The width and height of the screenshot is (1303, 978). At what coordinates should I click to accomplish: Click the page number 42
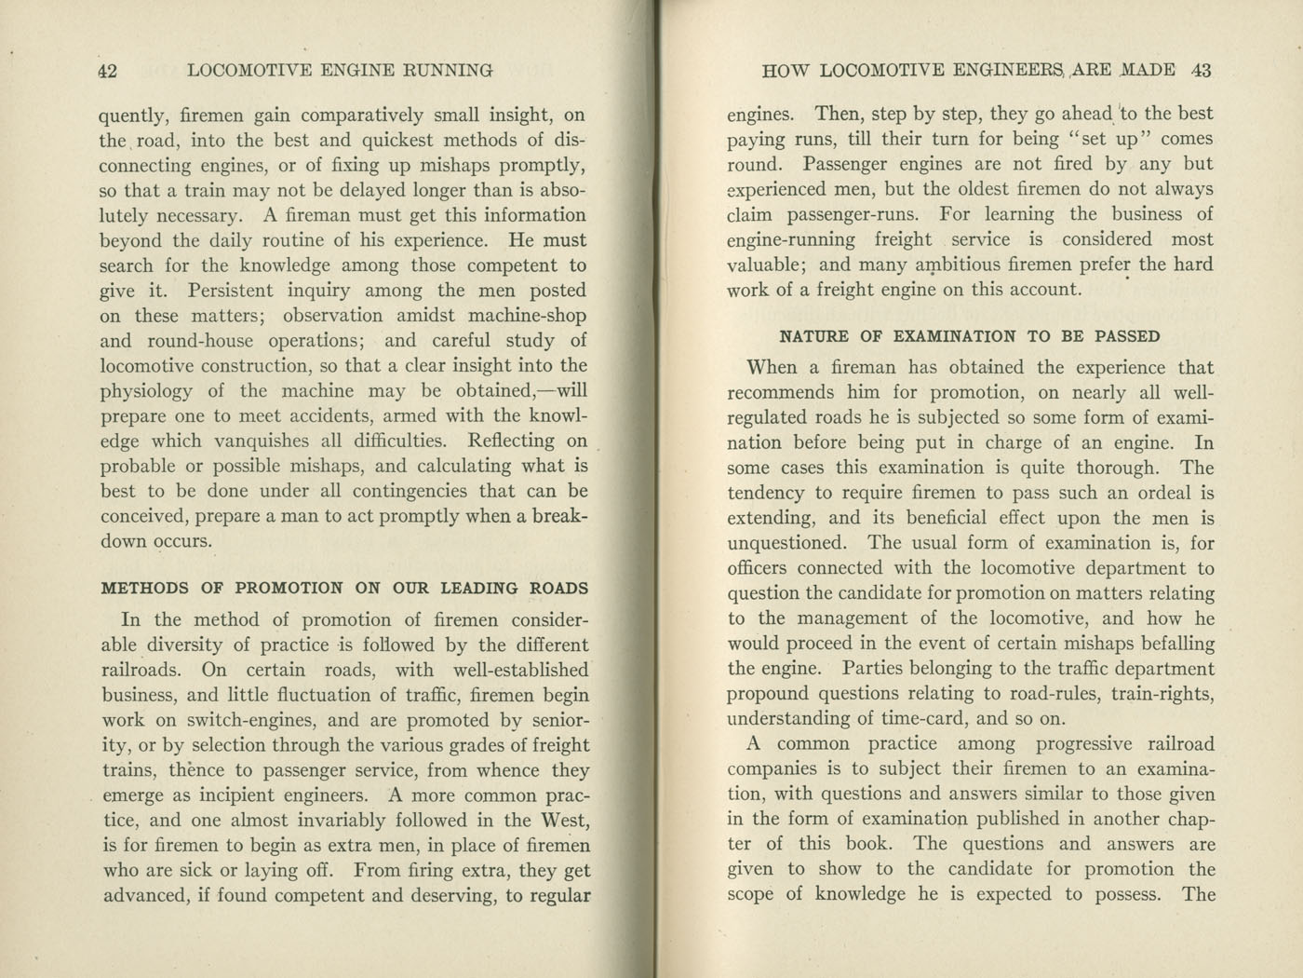click(107, 71)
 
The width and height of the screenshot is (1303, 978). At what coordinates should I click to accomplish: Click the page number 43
click(1200, 71)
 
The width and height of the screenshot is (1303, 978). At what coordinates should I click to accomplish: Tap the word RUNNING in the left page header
click(447, 71)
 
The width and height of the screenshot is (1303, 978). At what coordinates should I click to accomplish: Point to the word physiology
click(145, 391)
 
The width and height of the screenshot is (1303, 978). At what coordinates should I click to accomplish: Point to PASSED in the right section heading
click(1127, 337)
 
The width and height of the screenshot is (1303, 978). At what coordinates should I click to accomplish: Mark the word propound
click(768, 694)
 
